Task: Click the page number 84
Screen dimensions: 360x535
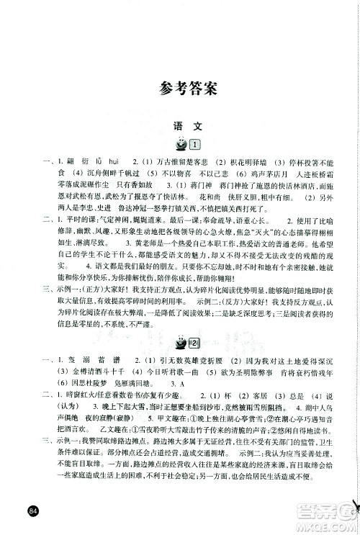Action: click(x=30, y=512)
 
